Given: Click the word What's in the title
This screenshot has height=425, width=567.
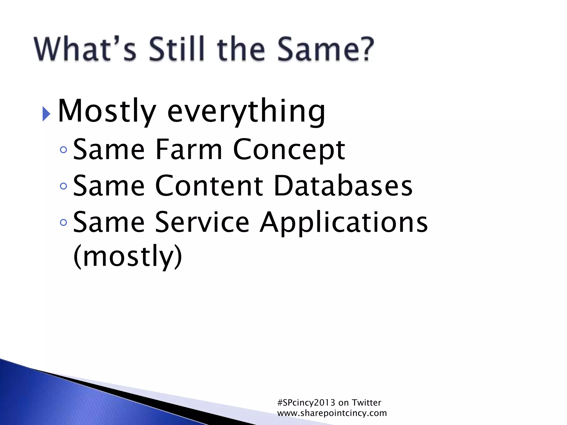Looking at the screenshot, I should pos(85,49).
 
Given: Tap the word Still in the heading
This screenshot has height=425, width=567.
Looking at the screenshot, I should pos(177,49).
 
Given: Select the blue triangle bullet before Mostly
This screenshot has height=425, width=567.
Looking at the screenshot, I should pos(46,113).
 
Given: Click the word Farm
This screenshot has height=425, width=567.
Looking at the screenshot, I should pos(189,149).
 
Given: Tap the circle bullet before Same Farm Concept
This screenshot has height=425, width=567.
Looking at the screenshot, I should pos(63,150).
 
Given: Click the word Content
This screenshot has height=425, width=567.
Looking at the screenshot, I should pos(209,186).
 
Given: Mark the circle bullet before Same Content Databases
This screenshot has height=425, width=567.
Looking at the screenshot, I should pos(63,186).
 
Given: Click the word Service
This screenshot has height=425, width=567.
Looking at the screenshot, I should pos(202,222).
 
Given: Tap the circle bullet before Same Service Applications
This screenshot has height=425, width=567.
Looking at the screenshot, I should pos(63,222).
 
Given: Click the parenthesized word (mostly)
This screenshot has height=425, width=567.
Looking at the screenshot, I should pos(128,256).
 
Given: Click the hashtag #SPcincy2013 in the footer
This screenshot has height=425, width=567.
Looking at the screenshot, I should pos(306,403).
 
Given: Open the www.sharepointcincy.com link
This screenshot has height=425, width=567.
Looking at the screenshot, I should pos(332,413).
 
